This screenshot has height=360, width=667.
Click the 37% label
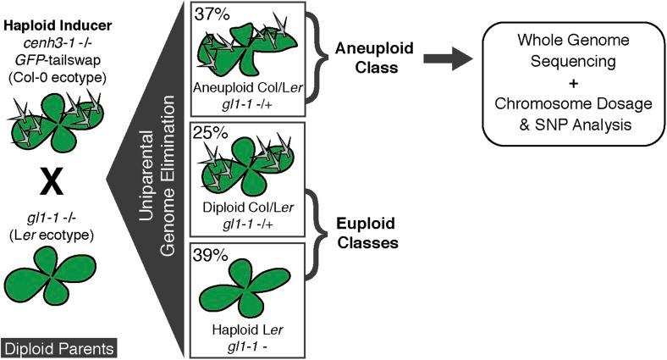(x=210, y=14)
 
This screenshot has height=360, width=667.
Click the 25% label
(x=210, y=134)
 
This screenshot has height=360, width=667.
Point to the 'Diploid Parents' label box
(x=58, y=347)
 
